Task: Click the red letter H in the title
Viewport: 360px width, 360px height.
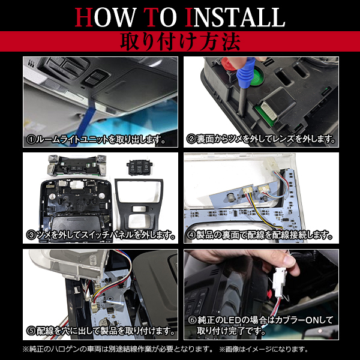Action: coord(84,17)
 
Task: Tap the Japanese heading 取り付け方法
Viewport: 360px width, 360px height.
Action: coord(180,41)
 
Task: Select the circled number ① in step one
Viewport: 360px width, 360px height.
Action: coord(31,139)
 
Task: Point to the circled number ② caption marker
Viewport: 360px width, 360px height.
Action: coord(191,139)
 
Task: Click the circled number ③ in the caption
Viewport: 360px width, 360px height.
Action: coord(31,235)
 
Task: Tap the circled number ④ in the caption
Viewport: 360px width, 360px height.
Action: coord(191,235)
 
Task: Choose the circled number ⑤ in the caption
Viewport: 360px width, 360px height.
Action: coord(31,331)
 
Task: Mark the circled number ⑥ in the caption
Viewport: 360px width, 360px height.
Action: coord(193,320)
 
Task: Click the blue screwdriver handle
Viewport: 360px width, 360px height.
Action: coord(246,73)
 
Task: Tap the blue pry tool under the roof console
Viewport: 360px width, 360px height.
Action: coord(86,122)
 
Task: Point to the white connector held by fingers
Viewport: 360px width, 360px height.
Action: coord(280,282)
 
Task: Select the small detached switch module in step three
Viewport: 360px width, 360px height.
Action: coord(139,167)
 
